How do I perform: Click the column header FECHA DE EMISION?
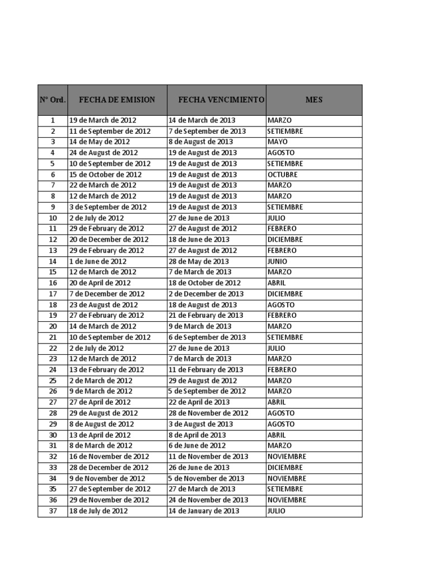tap(117, 100)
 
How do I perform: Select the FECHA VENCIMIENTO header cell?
tap(221, 100)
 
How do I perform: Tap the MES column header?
tap(314, 100)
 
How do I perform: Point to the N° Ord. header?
tap(53, 100)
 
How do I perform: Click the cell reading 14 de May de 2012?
tap(100, 142)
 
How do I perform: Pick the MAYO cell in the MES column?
tap(278, 142)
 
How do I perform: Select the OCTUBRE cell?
tap(283, 175)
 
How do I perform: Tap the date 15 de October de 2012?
tap(105, 175)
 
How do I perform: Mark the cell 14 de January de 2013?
tap(204, 511)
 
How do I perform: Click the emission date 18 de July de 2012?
tap(99, 511)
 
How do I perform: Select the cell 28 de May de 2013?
tap(199, 261)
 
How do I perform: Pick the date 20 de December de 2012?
tap(109, 239)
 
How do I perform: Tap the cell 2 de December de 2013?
tap(206, 294)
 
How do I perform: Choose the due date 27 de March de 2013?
tap(202, 489)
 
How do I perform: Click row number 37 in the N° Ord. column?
tap(53, 511)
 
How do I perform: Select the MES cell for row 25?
tap(279, 381)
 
